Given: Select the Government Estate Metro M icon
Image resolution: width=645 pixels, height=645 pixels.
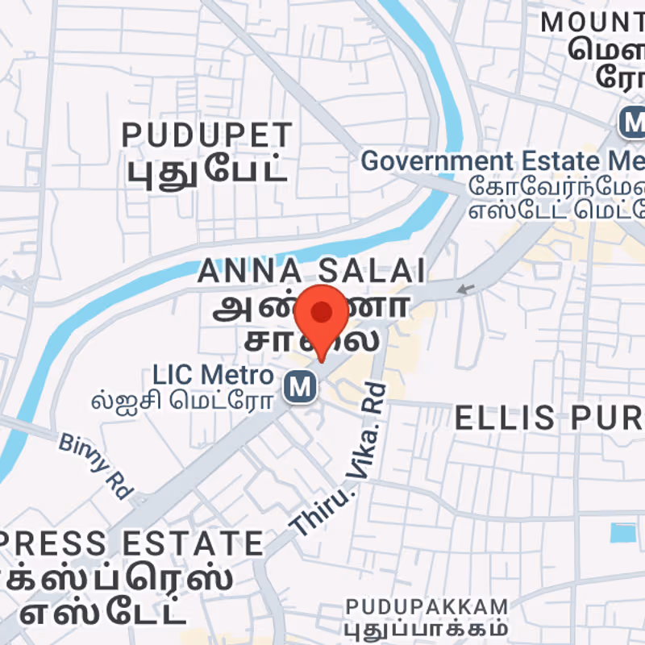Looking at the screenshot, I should (634, 123).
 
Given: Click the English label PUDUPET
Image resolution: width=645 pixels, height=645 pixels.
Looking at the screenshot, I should (206, 135).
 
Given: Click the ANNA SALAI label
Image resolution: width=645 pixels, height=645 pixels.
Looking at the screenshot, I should (311, 272).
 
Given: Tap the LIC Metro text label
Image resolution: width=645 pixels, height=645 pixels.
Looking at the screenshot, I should (214, 375).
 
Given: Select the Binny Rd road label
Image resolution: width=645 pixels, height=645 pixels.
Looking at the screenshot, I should (95, 463).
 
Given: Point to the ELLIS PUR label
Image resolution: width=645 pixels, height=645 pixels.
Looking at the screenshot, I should (548, 418).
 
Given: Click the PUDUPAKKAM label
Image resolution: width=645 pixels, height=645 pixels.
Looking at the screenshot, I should (427, 606).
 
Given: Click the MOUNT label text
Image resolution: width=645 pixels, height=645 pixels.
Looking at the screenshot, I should (593, 22).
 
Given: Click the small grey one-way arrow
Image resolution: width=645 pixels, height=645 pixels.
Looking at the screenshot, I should (464, 289).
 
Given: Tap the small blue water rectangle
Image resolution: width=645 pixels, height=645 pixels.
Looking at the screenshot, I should (622, 533).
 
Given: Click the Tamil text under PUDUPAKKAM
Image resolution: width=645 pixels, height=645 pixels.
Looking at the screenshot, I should (427, 627).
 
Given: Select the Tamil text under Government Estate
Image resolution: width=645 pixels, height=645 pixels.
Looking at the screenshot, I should (556, 199).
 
